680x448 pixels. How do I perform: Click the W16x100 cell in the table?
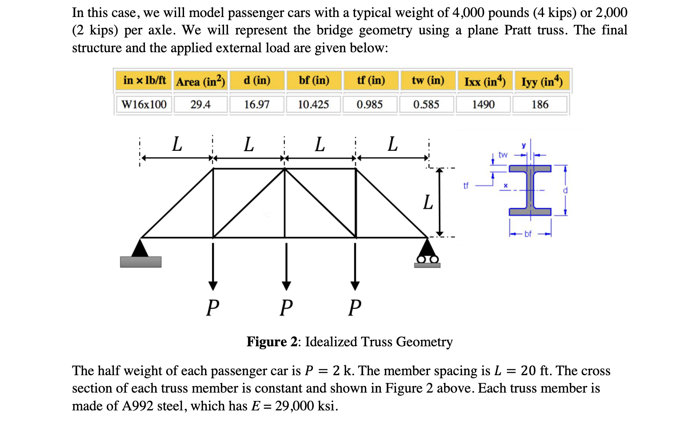(x=144, y=104)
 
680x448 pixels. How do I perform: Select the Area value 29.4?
(x=200, y=104)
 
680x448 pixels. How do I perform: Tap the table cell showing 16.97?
(x=256, y=104)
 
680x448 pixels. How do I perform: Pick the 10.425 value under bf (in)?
(x=313, y=104)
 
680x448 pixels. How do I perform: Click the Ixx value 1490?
(x=483, y=104)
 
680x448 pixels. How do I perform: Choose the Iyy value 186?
(x=540, y=104)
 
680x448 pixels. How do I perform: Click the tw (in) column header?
(x=428, y=81)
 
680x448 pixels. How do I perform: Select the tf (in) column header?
(x=371, y=81)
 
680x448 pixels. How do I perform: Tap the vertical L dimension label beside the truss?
(x=428, y=202)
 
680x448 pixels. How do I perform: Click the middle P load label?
(x=286, y=308)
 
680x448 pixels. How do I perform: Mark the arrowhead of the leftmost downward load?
(x=213, y=286)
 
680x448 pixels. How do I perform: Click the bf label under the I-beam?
(x=528, y=234)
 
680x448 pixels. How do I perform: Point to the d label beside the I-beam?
(x=565, y=191)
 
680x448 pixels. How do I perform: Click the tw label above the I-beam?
(x=503, y=155)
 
